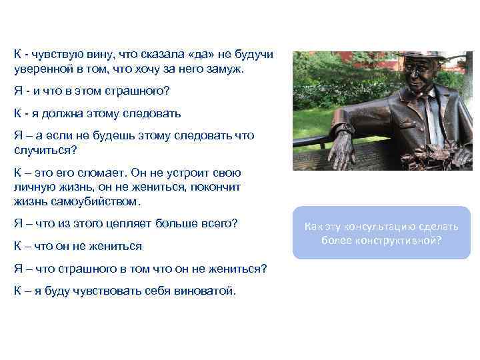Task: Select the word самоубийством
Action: coord(101,201)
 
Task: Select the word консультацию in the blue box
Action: coord(381,227)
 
